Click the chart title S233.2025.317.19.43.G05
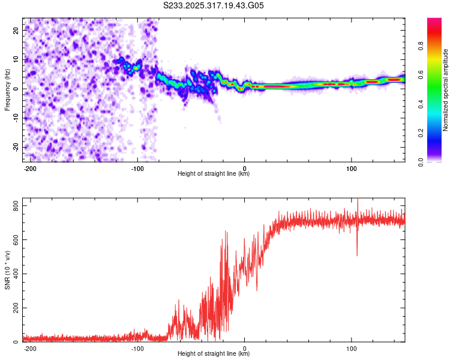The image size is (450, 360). [x=214, y=6]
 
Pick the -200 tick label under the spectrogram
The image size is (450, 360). [x=30, y=168]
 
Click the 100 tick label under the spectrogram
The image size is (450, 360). [x=351, y=168]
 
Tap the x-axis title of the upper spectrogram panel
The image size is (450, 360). [x=214, y=175]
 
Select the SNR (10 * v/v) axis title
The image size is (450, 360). [x=7, y=273]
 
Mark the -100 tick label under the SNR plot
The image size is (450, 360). [x=137, y=348]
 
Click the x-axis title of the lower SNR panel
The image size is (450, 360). [x=214, y=355]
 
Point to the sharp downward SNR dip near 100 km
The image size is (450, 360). [x=357, y=253]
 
